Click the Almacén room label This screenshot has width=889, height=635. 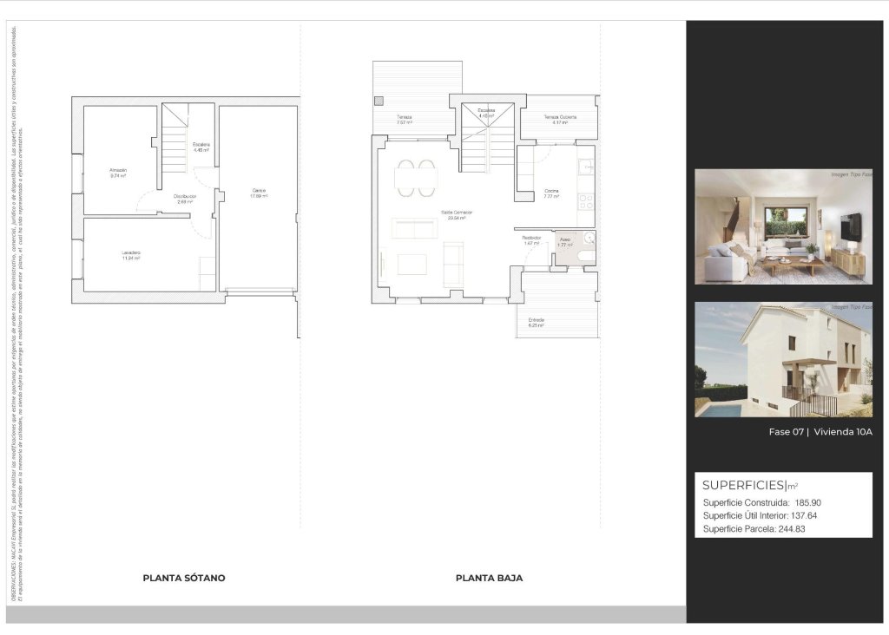[118, 169]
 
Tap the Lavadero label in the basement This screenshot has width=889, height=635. [132, 252]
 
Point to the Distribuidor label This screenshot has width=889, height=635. [185, 197]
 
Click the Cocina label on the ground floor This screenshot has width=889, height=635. [550, 191]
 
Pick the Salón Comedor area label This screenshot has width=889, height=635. [457, 213]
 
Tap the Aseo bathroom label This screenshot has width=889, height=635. [564, 239]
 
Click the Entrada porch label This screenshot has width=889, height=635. [537, 320]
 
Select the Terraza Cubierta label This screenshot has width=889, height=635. [560, 117]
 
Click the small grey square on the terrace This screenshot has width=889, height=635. [378, 101]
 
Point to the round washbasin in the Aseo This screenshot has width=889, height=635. [590, 238]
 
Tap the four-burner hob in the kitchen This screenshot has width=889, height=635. [586, 202]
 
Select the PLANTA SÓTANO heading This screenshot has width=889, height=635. [184, 578]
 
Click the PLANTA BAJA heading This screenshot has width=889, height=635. [489, 578]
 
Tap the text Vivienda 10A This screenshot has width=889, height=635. [844, 432]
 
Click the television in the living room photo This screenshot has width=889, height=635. [851, 226]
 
